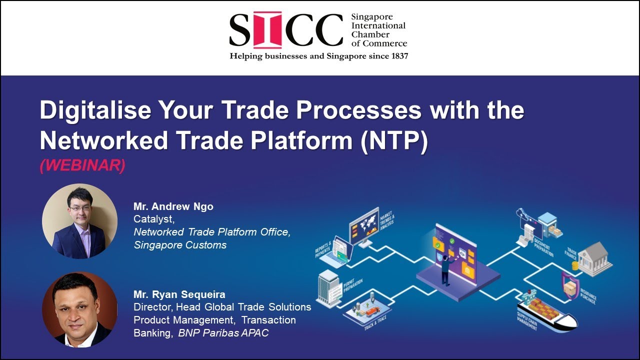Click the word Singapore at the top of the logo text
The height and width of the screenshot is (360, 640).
click(372, 17)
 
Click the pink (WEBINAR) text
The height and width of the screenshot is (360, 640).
click(82, 166)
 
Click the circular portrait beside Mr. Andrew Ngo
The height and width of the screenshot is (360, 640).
click(79, 221)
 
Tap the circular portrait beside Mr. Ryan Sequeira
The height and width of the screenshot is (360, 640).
click(79, 310)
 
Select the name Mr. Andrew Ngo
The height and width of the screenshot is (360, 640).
click(173, 206)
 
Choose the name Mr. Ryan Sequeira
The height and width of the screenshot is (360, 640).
click(179, 294)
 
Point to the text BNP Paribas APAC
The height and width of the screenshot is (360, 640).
click(223, 333)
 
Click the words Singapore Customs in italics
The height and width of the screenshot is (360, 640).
click(180, 245)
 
